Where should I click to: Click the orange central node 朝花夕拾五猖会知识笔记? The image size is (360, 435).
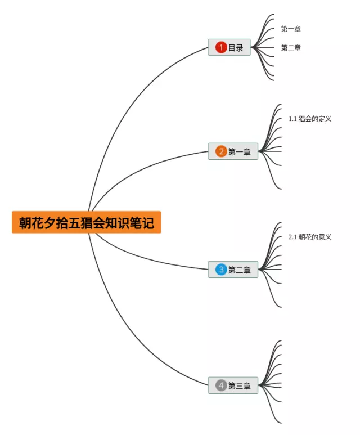point(86,222)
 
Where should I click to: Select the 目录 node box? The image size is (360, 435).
point(229,47)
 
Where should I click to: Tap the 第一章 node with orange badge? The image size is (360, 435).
point(233,151)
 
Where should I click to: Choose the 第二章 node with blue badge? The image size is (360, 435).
point(233,270)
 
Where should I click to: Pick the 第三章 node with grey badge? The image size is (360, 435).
point(233,385)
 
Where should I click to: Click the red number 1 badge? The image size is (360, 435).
point(221,47)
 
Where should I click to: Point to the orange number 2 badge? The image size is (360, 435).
point(221,151)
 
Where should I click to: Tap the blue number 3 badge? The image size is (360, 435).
point(221,270)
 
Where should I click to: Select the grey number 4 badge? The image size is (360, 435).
point(221,385)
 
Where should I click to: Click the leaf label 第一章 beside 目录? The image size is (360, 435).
point(291,29)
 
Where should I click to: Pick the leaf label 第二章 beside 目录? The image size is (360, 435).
point(291,48)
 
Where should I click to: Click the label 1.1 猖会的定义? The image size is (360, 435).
point(310,119)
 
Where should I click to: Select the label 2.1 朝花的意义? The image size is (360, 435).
point(310,237)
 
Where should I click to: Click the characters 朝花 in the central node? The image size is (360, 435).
point(32,223)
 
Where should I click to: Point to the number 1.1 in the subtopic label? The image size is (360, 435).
point(292,119)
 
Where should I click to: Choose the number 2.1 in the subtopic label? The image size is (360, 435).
point(292,237)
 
